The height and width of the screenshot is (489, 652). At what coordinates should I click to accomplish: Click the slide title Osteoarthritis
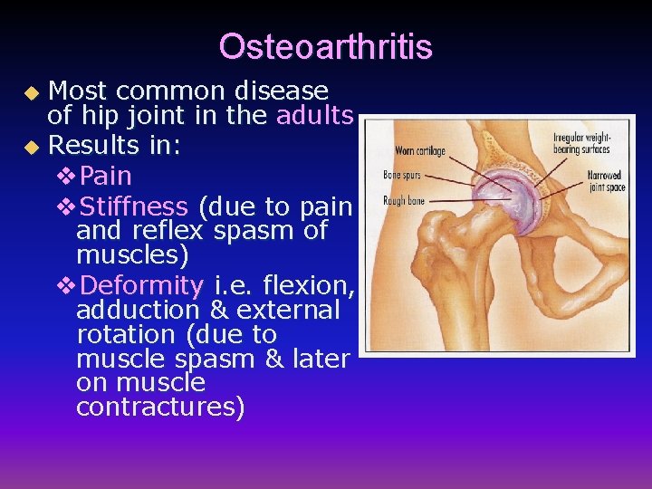point(325,47)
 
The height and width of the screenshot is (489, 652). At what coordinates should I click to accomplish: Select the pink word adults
point(314,116)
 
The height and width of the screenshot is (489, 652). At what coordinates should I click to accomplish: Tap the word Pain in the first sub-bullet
point(105,175)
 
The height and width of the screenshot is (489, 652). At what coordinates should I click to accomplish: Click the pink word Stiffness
point(134,206)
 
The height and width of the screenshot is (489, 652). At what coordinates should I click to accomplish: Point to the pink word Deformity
point(142,285)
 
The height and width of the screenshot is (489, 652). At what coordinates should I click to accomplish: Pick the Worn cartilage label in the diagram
point(419,150)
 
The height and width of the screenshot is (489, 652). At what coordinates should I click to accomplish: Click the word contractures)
point(160,407)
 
